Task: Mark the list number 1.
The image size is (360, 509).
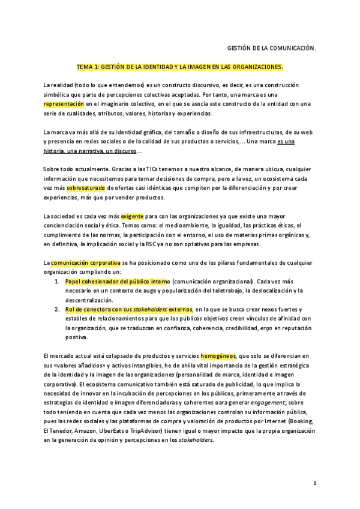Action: tap(56, 282)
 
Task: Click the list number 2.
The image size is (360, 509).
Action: tap(56, 309)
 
